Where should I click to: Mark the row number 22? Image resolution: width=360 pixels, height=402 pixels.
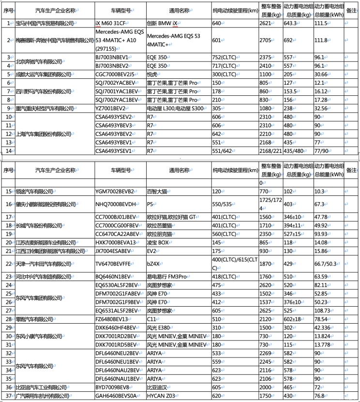[8, 264]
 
